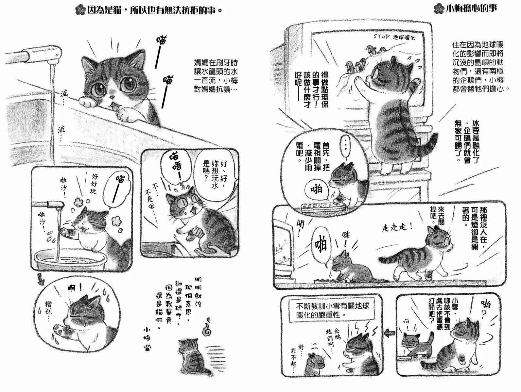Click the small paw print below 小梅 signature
(x=148, y=348)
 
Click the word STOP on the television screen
(x=381, y=36)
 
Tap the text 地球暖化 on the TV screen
(x=404, y=37)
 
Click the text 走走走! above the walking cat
(x=397, y=227)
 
